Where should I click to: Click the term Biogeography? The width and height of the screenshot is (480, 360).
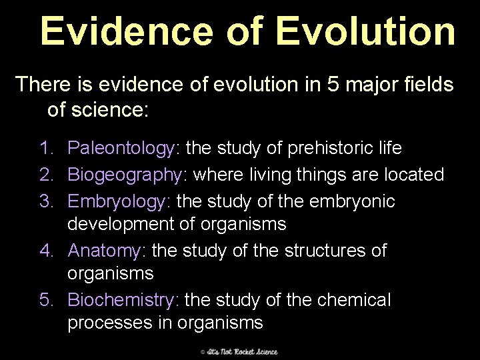pyautogui.click(x=126, y=175)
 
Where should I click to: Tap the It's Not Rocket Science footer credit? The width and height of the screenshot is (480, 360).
pyautogui.click(x=239, y=351)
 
